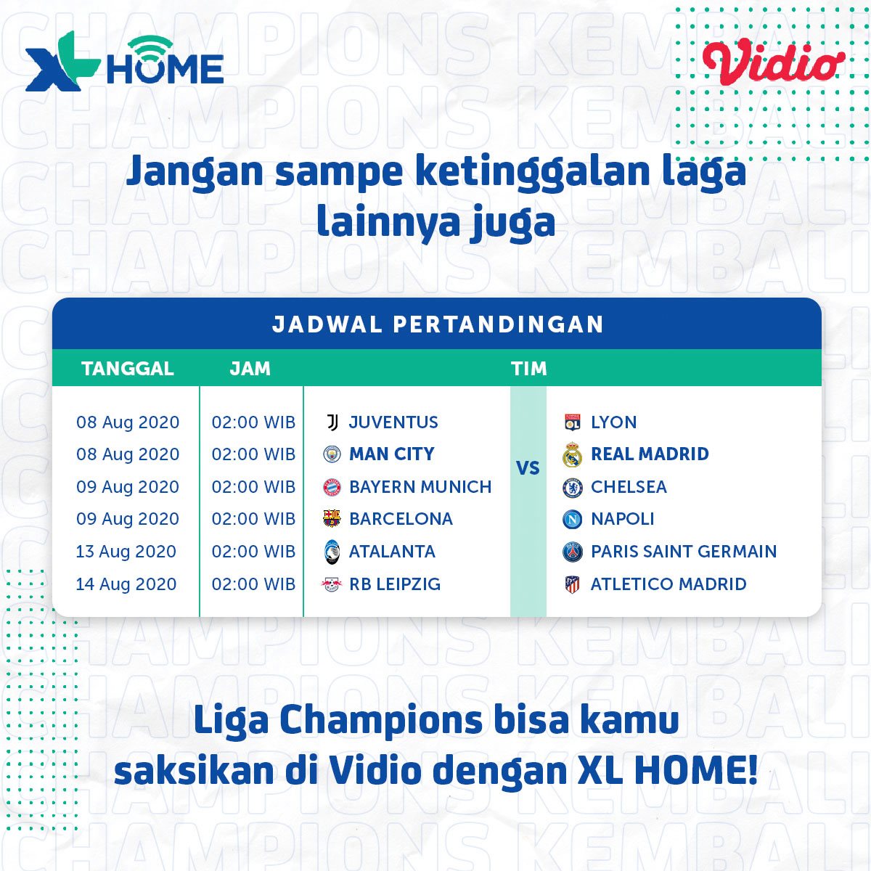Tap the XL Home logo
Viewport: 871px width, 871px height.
tap(124, 61)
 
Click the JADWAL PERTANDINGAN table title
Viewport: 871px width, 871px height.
tap(438, 324)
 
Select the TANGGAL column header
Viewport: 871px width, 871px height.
tap(128, 369)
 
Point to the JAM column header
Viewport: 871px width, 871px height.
tap(250, 369)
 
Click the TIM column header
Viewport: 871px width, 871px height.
tap(529, 369)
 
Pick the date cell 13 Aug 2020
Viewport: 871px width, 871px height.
tap(126, 551)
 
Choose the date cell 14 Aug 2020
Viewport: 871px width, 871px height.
tap(126, 584)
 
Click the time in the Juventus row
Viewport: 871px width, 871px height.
tap(253, 422)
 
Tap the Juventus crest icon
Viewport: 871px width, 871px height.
tap(332, 422)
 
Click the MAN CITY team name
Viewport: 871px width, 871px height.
tap(391, 454)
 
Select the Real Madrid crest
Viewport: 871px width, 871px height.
tap(572, 454)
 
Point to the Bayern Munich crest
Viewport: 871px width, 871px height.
tap(332, 487)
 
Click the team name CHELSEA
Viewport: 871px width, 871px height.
tap(629, 487)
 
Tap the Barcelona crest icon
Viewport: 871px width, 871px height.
tap(332, 519)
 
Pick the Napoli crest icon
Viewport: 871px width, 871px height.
tap(572, 519)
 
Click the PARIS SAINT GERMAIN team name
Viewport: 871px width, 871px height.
tap(684, 551)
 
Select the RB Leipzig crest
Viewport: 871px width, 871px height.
tap(331, 584)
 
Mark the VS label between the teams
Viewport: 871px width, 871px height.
tap(528, 468)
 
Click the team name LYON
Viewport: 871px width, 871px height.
tap(614, 422)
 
